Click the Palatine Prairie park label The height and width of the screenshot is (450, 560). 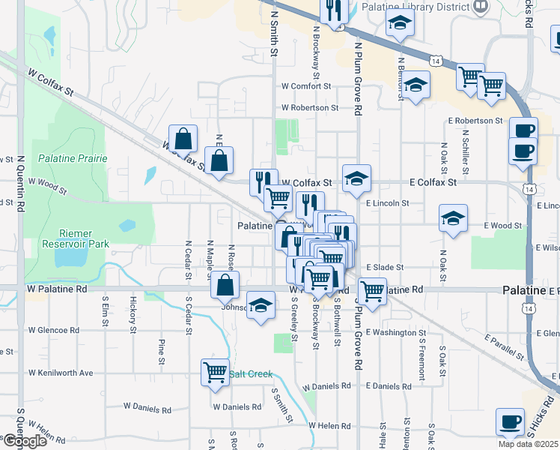tap(73, 158)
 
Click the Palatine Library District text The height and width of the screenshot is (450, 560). tap(426, 7)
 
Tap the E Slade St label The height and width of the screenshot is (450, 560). tap(385, 267)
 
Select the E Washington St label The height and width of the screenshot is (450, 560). tap(396, 332)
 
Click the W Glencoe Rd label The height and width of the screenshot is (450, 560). tap(54, 330)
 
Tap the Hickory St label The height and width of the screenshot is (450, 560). tap(133, 314)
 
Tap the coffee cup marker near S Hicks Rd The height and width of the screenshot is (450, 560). tap(511, 421)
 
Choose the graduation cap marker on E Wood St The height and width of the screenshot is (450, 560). tap(453, 218)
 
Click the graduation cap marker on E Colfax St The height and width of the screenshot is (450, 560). tap(356, 178)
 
